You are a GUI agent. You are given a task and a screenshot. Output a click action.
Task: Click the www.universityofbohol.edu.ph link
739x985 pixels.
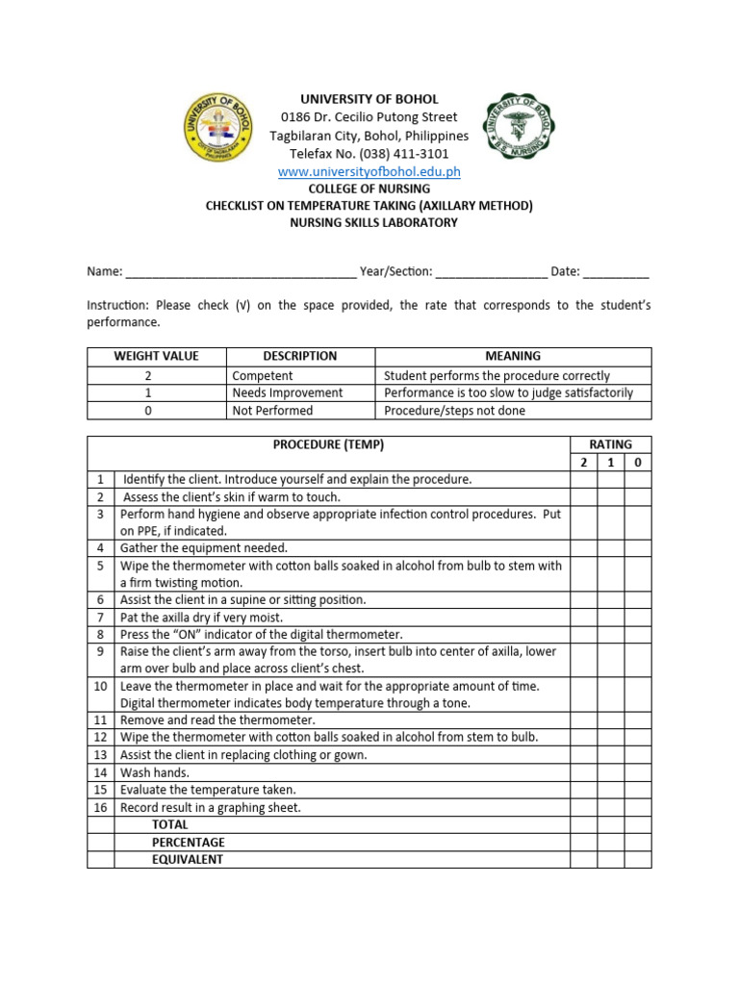[x=369, y=171]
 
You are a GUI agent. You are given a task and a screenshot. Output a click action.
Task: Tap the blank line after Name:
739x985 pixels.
[x=241, y=272]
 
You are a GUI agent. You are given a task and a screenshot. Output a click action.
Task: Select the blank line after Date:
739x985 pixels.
[x=616, y=272]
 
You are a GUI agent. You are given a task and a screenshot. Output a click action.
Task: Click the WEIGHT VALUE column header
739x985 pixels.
[x=156, y=356]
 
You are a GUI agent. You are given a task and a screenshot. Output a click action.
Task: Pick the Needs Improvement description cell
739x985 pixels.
[x=287, y=392]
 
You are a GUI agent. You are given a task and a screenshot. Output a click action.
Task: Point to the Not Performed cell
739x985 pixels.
[x=272, y=410]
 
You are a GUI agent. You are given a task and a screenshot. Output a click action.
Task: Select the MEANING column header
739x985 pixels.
[x=513, y=356]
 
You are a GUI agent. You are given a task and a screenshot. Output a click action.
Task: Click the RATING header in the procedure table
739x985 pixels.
[x=610, y=444]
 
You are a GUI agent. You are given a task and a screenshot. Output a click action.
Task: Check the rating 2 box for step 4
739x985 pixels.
[x=583, y=548]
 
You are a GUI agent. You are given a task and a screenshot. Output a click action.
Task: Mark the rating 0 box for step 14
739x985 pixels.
[x=637, y=771]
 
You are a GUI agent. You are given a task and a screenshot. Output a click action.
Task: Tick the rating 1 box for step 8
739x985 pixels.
[x=610, y=634]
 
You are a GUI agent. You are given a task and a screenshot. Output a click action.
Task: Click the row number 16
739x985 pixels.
[x=100, y=807]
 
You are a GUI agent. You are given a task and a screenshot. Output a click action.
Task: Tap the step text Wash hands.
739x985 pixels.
[x=155, y=772]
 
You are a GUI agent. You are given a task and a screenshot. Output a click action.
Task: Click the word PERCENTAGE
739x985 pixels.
[x=189, y=842]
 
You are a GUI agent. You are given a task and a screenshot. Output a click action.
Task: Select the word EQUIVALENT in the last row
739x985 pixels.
[x=188, y=859]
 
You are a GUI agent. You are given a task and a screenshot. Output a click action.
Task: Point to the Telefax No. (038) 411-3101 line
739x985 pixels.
[x=369, y=154]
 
